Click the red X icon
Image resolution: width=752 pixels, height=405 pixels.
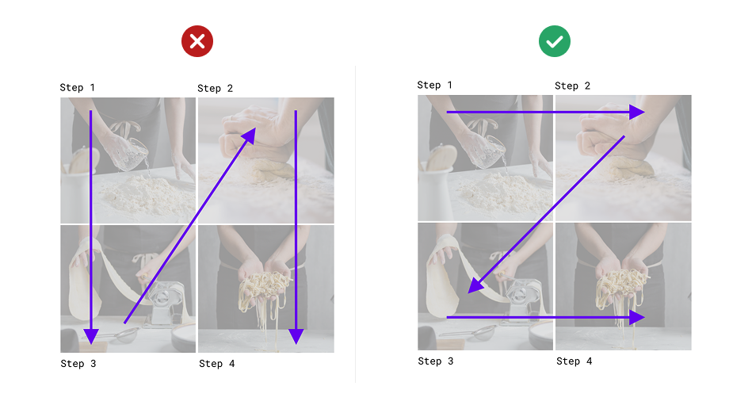click(197, 41)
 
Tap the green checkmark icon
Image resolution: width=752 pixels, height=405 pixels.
click(555, 41)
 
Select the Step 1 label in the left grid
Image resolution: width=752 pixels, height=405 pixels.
click(77, 87)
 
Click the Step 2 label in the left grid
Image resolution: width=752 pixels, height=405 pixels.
click(216, 88)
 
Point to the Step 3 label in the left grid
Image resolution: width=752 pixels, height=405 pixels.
click(78, 364)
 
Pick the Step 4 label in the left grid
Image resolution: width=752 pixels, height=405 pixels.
click(217, 364)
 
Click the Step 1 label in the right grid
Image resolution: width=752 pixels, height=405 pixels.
click(434, 85)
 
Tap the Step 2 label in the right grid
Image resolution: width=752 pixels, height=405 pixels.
click(573, 86)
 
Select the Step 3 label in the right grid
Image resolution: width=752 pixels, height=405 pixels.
click(436, 361)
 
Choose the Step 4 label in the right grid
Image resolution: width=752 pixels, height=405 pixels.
click(574, 361)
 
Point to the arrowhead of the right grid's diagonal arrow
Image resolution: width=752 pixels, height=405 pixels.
click(475, 285)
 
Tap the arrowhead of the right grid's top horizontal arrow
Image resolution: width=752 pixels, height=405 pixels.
click(637, 113)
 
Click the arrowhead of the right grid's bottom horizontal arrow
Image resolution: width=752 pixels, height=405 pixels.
click(637, 317)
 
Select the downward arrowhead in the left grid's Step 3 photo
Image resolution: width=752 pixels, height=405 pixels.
click(91, 336)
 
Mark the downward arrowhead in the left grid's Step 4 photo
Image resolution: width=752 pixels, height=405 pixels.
click(296, 336)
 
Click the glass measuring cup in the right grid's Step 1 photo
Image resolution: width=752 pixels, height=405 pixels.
click(489, 151)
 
